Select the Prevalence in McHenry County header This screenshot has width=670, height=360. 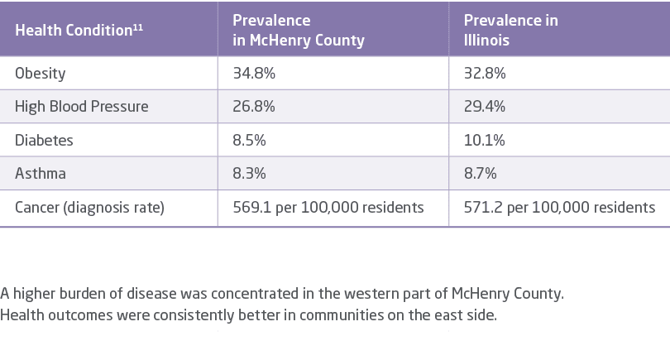tap(298, 30)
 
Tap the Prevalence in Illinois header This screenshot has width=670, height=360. tap(511, 30)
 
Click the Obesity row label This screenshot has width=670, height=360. tap(41, 73)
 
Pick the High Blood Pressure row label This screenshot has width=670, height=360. tap(82, 107)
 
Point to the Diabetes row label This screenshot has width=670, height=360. tap(44, 141)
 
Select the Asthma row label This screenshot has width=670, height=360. tap(41, 175)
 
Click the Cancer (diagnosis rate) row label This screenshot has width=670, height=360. tap(89, 208)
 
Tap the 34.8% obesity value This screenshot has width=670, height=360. tap(254, 73)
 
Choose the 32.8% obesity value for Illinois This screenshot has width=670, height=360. tap(485, 73)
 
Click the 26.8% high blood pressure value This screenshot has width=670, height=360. tap(254, 107)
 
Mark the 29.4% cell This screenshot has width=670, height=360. tap(485, 107)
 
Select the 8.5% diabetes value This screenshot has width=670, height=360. tap(249, 141)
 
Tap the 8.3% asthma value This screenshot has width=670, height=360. tap(249, 175)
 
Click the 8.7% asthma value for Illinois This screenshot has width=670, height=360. tap(480, 175)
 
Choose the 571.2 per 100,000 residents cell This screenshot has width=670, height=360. tap(559, 208)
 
